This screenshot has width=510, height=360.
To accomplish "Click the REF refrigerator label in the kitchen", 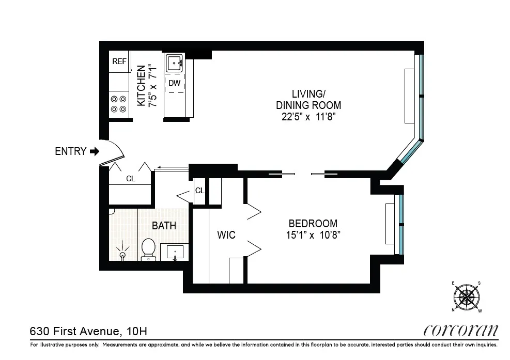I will pyautogui.click(x=119, y=61).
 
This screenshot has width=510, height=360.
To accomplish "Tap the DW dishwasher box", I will pyautogui.click(x=175, y=83).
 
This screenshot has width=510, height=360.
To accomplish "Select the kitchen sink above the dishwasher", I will pyautogui.click(x=175, y=64).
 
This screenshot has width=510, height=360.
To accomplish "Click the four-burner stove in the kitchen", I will pyautogui.click(x=119, y=104).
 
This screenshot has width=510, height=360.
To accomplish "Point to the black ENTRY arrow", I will pyautogui.click(x=94, y=151).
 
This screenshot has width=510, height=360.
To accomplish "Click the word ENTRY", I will pyautogui.click(x=70, y=151).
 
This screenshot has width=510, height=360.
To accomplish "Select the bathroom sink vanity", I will pyautogui.click(x=175, y=253).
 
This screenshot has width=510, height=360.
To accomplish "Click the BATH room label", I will pyautogui.click(x=164, y=226).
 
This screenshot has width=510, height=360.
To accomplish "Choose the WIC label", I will pyautogui.click(x=226, y=235).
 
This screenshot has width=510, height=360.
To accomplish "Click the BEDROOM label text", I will pyautogui.click(x=313, y=224).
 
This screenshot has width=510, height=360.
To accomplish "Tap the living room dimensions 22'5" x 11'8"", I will pyautogui.click(x=308, y=117).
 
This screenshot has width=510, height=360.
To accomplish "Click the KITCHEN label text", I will pyautogui.click(x=141, y=86).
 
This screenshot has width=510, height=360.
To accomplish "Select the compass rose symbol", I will pyautogui.click(x=468, y=296).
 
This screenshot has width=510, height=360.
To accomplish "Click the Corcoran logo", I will pyautogui.click(x=461, y=330).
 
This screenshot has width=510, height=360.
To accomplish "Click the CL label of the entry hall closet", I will pyautogui.click(x=131, y=179).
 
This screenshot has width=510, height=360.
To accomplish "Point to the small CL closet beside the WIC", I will pyautogui.click(x=199, y=191).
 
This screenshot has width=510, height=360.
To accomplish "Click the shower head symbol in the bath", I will pyautogui.click(x=123, y=254).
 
